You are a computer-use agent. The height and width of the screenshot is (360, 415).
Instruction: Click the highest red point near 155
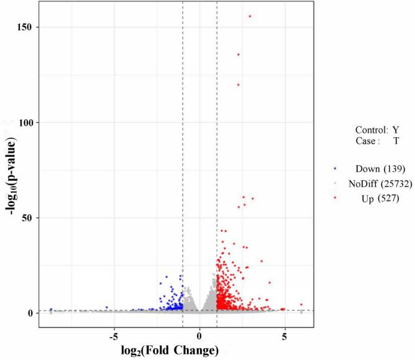click(x=250, y=16)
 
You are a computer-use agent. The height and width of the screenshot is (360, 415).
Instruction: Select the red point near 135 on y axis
click(x=238, y=55)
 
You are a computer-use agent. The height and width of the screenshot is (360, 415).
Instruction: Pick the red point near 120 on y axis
click(x=238, y=84)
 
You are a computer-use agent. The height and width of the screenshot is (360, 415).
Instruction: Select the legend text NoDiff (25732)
click(x=378, y=184)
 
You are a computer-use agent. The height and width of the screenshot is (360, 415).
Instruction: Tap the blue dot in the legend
click(x=335, y=169)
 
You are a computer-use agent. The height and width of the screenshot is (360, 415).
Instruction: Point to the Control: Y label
click(x=377, y=130)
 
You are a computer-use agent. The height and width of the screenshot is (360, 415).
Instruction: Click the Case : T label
click(x=377, y=142)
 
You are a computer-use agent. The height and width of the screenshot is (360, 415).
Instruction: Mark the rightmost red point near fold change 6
click(x=301, y=305)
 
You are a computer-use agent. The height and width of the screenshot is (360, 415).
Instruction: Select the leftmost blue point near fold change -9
click(x=51, y=309)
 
